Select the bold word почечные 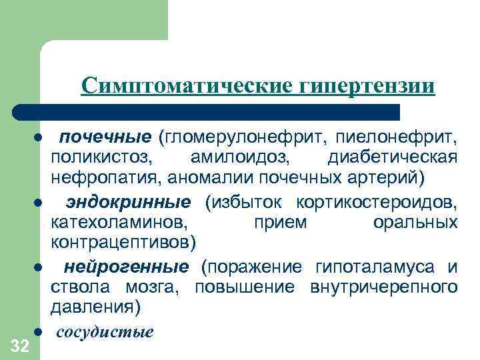point(106,137)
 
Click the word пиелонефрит point(397,137)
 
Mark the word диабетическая point(393,158)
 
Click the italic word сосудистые point(105,331)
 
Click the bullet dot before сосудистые point(40,331)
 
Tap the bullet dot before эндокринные point(40,202)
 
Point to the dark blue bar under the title point(207,112)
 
